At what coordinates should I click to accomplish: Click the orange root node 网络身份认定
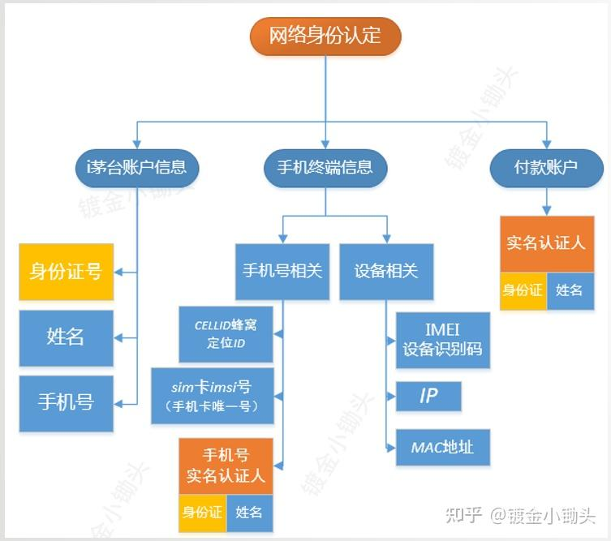coord(325,36)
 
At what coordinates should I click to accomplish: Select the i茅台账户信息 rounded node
coord(136,168)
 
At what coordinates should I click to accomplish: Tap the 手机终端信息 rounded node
coord(325,168)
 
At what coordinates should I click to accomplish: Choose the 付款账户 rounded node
coord(546,168)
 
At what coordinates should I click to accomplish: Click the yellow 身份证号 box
coord(66,272)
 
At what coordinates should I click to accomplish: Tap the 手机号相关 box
coord(282,271)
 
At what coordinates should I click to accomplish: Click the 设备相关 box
coord(386,271)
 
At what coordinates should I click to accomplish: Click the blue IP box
coord(428,397)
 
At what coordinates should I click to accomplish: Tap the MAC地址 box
coord(443,447)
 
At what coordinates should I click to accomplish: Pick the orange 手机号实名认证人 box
coord(226,466)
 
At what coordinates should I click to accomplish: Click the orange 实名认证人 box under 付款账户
coord(546,243)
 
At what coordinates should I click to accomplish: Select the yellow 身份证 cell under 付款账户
coord(523,290)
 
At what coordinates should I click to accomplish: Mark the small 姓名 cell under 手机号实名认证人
coord(249,513)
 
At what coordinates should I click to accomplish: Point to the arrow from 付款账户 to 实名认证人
coord(546,200)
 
